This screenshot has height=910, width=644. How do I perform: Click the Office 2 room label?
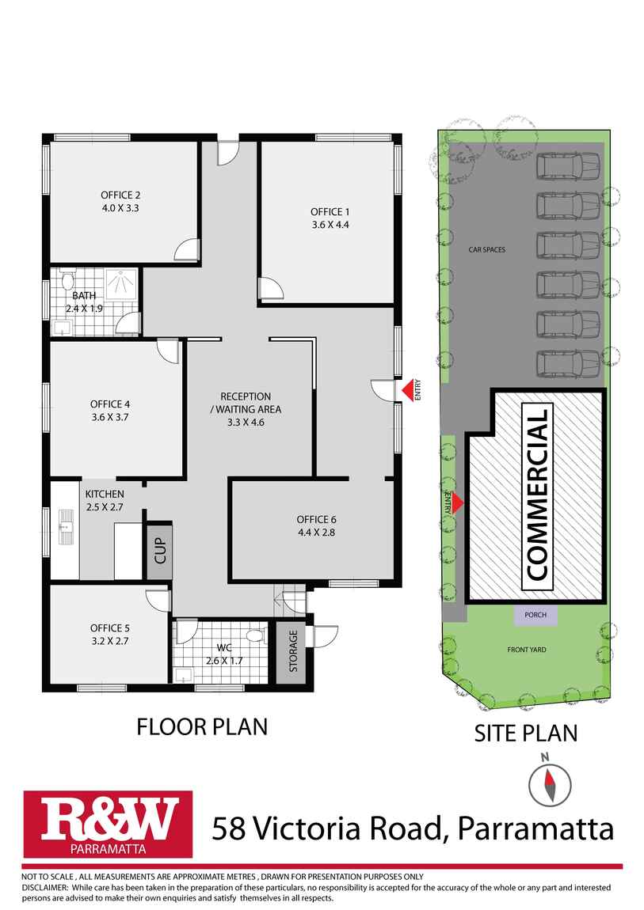pos(120,195)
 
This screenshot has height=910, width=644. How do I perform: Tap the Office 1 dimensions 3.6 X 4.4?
pos(330,225)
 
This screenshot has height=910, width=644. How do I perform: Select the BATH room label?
pos(84,296)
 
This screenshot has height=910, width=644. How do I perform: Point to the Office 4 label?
pos(111,404)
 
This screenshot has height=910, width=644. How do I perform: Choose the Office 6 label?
pos(317,519)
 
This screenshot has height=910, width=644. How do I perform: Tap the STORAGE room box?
pos(293,650)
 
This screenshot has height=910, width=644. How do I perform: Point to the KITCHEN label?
pos(105,494)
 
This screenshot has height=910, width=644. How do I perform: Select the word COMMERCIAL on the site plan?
pos(537,496)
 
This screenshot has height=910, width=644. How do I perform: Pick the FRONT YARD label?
pos(527,650)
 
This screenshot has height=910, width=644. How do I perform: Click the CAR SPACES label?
pos(486,250)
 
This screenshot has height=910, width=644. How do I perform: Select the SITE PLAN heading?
pos(525,733)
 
